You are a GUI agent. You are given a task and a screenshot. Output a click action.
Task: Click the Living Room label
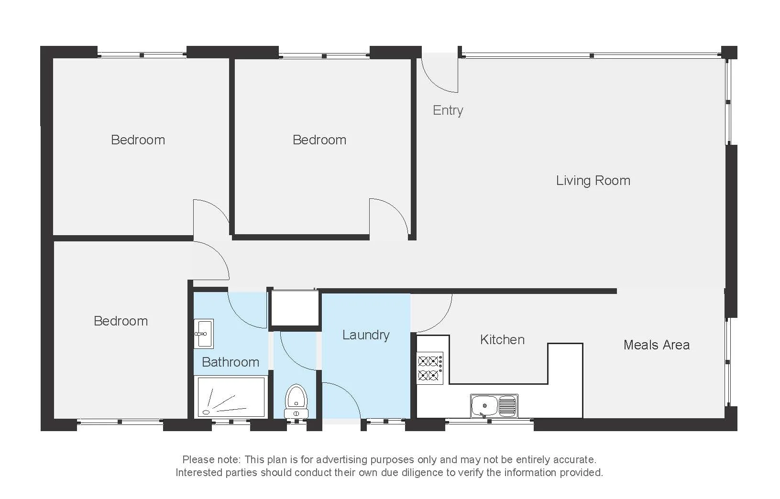click(x=593, y=181)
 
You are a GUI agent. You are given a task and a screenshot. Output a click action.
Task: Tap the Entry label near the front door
click(x=448, y=110)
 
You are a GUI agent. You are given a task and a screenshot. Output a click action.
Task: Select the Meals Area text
click(x=656, y=345)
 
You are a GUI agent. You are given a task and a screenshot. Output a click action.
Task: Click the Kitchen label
click(x=502, y=340)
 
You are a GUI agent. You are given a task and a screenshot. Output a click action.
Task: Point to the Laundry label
click(x=365, y=335)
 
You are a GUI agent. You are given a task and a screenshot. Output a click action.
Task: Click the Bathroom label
click(x=231, y=362)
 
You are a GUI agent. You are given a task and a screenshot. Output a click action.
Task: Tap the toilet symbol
click(x=296, y=401)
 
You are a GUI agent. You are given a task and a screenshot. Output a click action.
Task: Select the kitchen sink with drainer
click(x=494, y=406)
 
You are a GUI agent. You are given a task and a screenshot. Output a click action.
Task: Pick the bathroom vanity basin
click(x=203, y=333)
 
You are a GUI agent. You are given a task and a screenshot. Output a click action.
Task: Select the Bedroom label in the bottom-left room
click(x=121, y=321)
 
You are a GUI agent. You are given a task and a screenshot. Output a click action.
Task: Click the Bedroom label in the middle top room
click(x=319, y=140)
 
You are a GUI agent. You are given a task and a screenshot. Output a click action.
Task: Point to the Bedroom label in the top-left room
click(x=138, y=140)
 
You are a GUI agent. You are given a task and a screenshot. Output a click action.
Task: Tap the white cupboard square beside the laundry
click(x=295, y=308)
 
